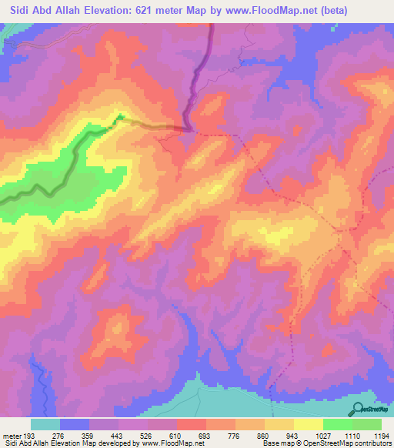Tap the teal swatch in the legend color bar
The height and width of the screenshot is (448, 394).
[x=45, y=424]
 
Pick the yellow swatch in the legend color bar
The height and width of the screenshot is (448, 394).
[x=308, y=424]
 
